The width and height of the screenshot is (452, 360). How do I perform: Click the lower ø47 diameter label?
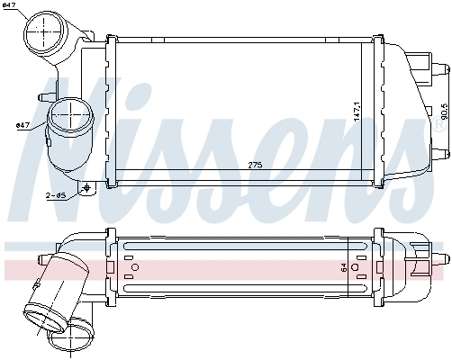coord(23,125)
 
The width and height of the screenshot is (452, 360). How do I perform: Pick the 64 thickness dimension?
coord(342,267)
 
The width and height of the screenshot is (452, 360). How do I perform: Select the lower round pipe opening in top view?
coord(69,117)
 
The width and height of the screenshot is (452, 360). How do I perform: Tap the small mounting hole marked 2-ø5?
coord(86,188)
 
